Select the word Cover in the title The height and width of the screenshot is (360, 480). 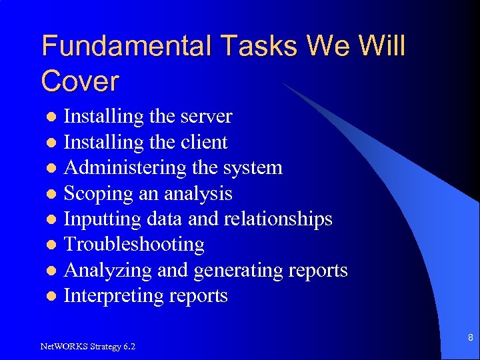tap(80, 81)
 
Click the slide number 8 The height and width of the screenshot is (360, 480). tap(470, 338)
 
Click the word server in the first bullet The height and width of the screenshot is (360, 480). tap(205, 117)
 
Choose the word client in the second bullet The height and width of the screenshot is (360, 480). tap(204, 142)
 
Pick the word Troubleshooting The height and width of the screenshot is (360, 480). tap(133, 245)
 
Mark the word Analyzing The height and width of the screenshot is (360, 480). tap(105, 270)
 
